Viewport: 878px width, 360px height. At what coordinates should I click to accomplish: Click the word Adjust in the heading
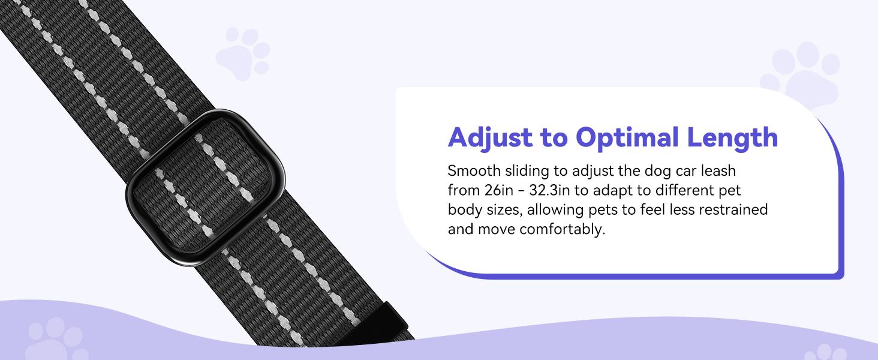[491, 138]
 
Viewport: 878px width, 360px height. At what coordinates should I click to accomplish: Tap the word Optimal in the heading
[627, 137]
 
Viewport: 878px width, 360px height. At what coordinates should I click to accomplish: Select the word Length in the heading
[732, 138]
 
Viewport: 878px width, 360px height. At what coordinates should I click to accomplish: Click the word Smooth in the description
[474, 171]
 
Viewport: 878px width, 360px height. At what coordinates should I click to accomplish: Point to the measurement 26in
[498, 190]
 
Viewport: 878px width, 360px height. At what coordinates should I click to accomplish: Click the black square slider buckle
[205, 187]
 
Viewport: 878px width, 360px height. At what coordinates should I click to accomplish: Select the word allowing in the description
[555, 210]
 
